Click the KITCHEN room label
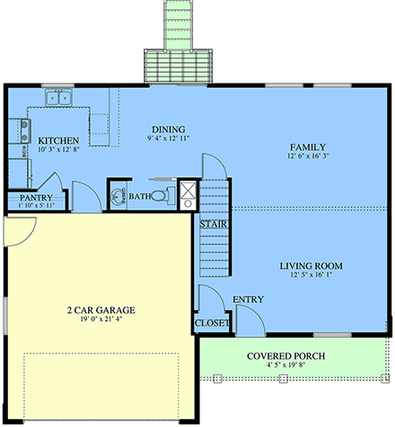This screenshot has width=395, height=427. coord(58,141)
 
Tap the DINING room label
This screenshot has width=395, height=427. coord(167,129)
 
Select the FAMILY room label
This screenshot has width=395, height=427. coord(307,147)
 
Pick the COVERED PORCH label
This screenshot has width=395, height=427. coord(285,356)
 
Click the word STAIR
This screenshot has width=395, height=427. coord(212,223)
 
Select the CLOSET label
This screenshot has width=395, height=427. coord(212,323)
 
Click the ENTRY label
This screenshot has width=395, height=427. coord(248,299)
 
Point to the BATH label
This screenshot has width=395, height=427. coord(139,195)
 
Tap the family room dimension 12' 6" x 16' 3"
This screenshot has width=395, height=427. coord(307,157)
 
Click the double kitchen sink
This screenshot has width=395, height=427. coord(59,98)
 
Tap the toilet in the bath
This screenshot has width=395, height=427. coord(159,194)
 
